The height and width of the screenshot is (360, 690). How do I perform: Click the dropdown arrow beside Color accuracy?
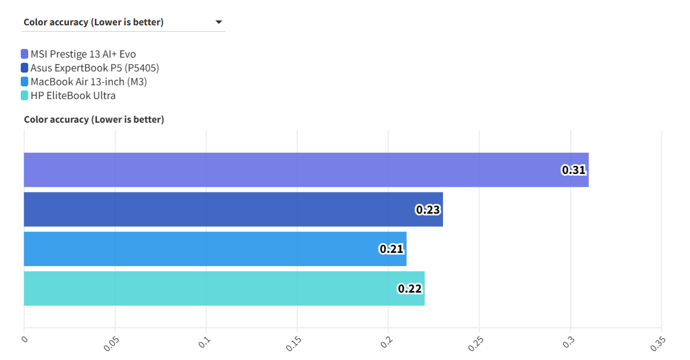pos(219,22)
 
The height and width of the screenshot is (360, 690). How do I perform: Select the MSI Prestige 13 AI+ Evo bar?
pos(305,170)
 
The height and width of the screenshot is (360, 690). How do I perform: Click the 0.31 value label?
pos(574,170)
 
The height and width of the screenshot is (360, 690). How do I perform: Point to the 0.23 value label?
pos(428,210)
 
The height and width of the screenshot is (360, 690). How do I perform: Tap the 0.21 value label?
pos(392,249)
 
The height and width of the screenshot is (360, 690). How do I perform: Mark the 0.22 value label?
pos(410,289)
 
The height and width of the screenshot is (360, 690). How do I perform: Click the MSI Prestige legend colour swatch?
pos(24,54)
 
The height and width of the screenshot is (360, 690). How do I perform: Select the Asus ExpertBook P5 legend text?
pos(94,68)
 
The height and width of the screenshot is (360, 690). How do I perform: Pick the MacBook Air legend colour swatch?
pos(24,82)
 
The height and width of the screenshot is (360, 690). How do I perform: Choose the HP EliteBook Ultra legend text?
pos(73,96)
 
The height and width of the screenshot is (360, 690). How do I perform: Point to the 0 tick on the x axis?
pos(24,339)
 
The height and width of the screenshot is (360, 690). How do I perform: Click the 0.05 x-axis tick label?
pos(111,343)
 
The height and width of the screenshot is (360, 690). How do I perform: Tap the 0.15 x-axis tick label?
pos(294,343)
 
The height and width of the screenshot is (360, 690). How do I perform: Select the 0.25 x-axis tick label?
pos(476,343)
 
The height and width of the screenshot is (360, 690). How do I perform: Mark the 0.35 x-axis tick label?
pos(658,343)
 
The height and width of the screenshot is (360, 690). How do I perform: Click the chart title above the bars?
pos(94,120)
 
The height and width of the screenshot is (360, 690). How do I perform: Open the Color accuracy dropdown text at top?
pos(93,22)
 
